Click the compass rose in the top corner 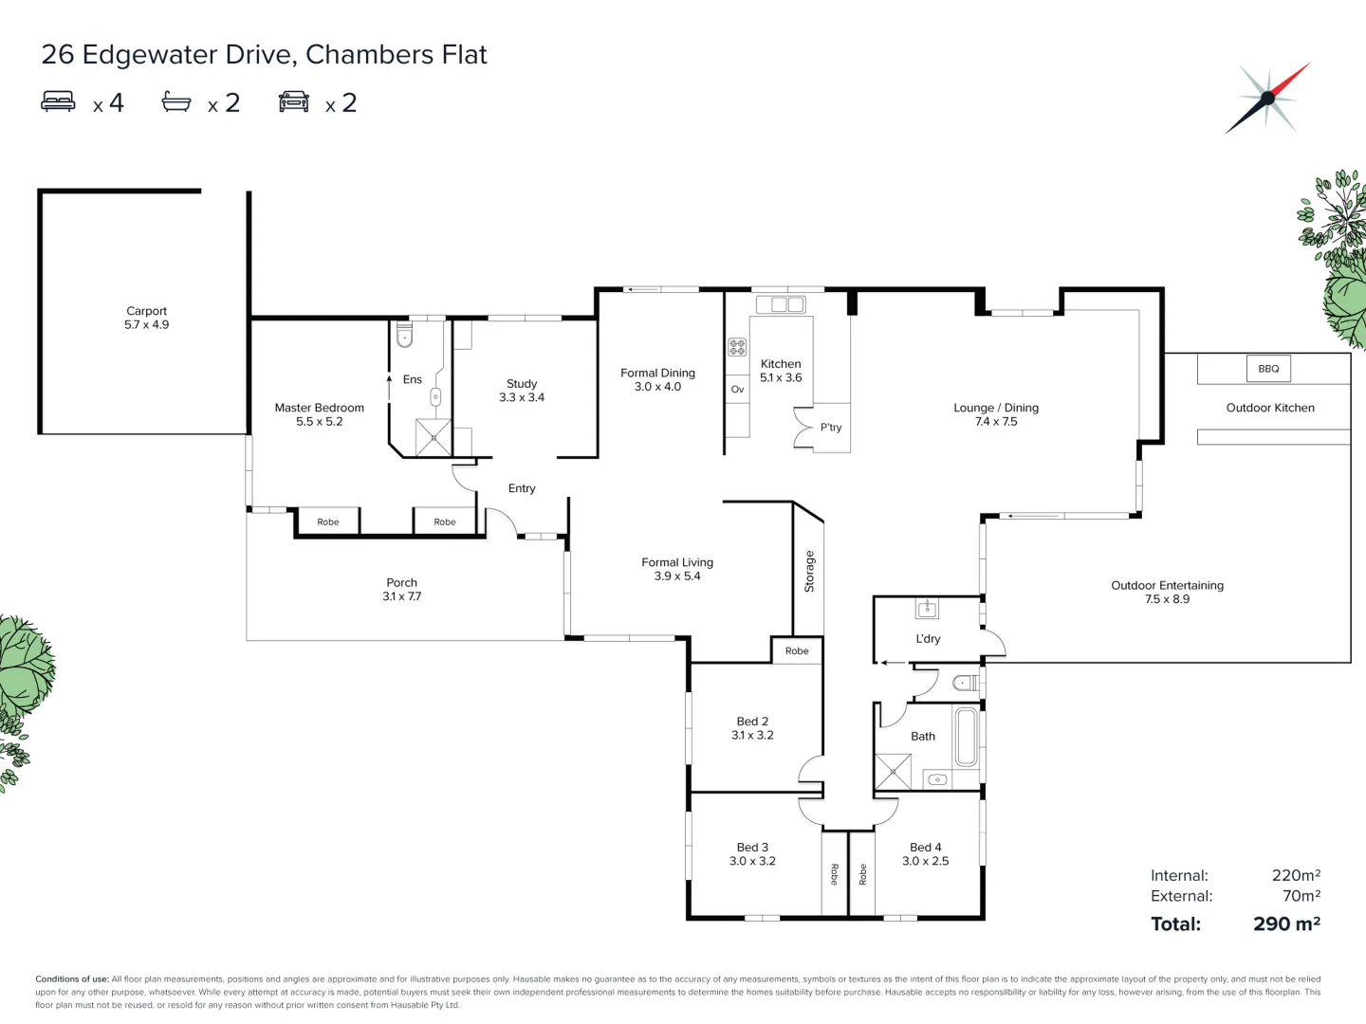[1268, 98]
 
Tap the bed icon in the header [58, 101]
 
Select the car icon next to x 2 [294, 101]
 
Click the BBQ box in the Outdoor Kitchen [1268, 369]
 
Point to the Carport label [146, 311]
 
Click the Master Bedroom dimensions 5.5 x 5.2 [319, 422]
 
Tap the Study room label [522, 384]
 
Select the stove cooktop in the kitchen [737, 347]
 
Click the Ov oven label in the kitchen [737, 390]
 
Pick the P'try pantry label [831, 428]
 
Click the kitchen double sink [781, 304]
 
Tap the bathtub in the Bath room [966, 737]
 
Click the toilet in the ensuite [405, 336]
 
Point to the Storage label [809, 572]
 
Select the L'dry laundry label [928, 639]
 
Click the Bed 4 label [925, 848]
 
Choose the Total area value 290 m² [1286, 923]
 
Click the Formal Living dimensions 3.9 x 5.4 [677, 576]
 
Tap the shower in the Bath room [893, 772]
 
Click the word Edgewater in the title [150, 55]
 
